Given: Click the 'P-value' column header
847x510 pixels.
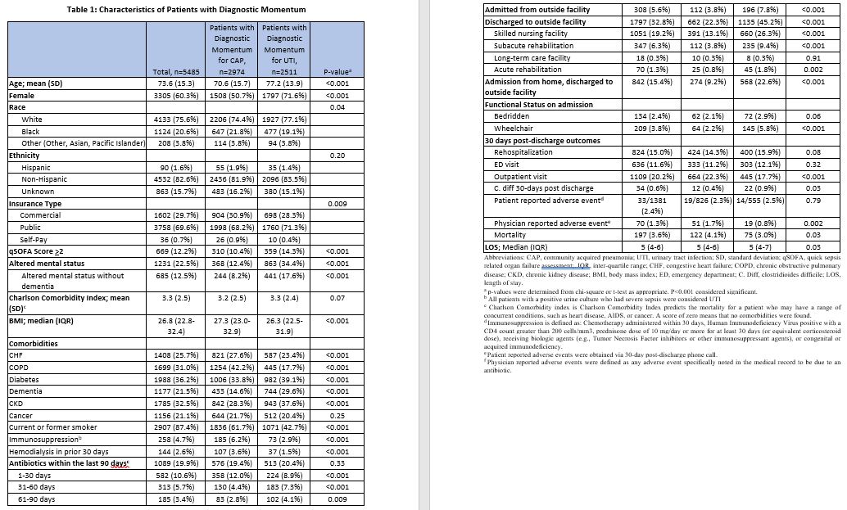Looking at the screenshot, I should click(x=337, y=72).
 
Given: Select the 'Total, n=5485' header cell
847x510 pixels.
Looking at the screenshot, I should click(x=174, y=72).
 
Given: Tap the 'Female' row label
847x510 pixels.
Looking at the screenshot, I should click(x=21, y=96).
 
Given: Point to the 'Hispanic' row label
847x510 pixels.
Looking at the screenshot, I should click(x=38, y=167).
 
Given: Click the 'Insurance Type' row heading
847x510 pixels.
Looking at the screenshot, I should click(x=35, y=203).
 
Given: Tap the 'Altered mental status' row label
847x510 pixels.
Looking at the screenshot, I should click(x=47, y=263).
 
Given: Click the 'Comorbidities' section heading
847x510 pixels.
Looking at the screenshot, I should click(x=34, y=344).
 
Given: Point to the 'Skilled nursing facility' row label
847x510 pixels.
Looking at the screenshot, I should click(x=531, y=34).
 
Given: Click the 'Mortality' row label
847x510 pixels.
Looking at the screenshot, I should click(x=512, y=235).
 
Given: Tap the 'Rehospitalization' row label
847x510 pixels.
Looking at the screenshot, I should click(x=523, y=151).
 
